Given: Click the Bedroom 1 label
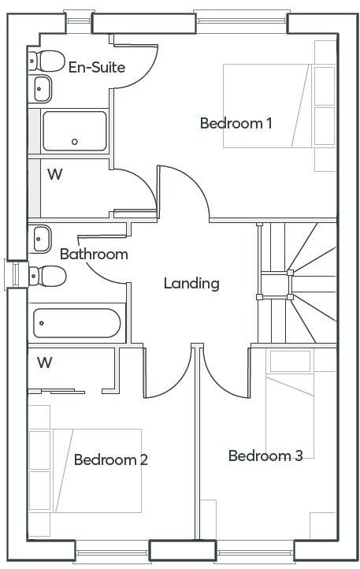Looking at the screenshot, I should tap(236, 124).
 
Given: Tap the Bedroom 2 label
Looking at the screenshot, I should tap(110, 460).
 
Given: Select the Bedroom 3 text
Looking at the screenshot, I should tap(265, 456).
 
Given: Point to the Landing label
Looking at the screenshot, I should tap(191, 284).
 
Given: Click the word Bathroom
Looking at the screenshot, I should tap(94, 255).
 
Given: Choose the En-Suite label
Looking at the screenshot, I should tap(96, 68).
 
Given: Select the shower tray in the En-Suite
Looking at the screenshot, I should tap(74, 131).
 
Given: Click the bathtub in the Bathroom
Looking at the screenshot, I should tap(76, 323).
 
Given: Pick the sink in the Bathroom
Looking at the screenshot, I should tap(42, 237).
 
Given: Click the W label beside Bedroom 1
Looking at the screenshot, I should tap(54, 174).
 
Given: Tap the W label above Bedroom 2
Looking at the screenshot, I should tap(45, 363).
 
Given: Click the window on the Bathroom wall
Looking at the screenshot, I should tap(13, 273).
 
